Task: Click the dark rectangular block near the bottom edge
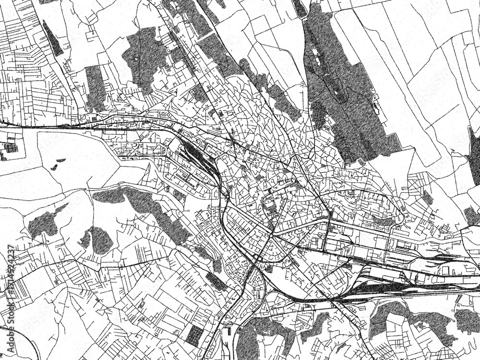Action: [194, 336]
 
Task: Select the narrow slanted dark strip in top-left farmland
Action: [52, 38]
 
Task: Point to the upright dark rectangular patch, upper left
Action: [95, 86]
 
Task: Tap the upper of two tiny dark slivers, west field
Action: [60, 160]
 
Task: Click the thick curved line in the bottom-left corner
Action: [19, 336]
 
